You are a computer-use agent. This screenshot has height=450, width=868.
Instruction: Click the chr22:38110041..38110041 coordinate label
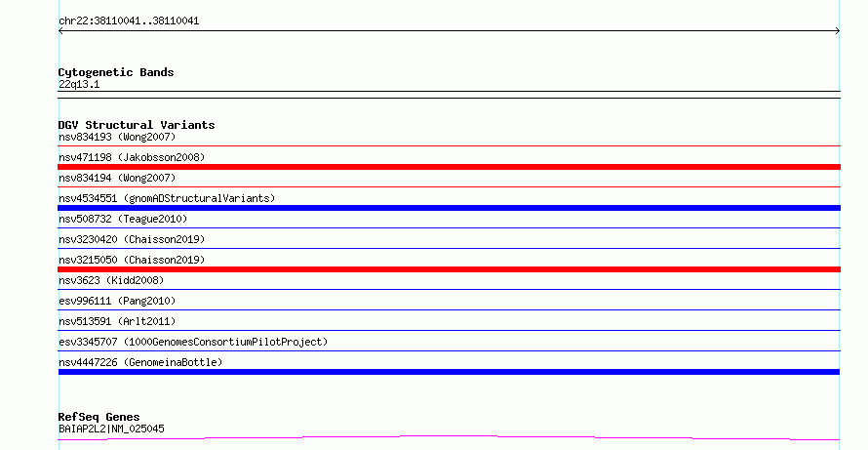[x=129, y=21]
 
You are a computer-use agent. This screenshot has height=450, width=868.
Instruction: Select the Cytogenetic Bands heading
[x=116, y=72]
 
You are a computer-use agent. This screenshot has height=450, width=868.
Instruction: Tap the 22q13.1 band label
[x=79, y=84]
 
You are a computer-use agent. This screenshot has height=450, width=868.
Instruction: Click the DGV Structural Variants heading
[x=137, y=125]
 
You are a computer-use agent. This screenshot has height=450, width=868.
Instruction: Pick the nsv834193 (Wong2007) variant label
[x=117, y=137]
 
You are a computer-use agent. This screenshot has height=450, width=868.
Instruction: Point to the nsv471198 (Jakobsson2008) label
[x=132, y=157]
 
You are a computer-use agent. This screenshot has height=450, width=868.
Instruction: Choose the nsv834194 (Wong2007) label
[x=117, y=178]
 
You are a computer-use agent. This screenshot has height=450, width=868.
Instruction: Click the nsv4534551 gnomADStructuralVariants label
[x=167, y=198]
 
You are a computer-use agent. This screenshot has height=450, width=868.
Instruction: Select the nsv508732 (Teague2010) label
[x=123, y=219]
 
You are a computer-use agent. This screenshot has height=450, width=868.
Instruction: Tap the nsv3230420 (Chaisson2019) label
[x=132, y=239]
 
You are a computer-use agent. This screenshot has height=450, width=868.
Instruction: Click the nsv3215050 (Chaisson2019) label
[x=132, y=260]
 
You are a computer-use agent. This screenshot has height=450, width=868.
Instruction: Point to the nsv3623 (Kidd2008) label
[x=111, y=280]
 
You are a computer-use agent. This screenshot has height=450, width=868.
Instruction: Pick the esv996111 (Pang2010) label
[x=117, y=301]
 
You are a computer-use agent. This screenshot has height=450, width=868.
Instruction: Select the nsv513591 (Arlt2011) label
[x=117, y=321]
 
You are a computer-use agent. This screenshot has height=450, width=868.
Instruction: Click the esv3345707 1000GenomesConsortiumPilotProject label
[x=193, y=342]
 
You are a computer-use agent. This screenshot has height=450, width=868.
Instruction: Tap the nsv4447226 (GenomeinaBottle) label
[x=140, y=362]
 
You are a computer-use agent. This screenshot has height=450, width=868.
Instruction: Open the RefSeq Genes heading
[x=99, y=418]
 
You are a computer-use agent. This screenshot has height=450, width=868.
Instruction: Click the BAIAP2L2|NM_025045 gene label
[x=111, y=429]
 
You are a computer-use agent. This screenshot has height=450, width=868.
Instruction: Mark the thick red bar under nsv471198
[x=449, y=167]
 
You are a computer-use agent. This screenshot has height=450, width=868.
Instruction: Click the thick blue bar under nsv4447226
[x=449, y=372]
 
